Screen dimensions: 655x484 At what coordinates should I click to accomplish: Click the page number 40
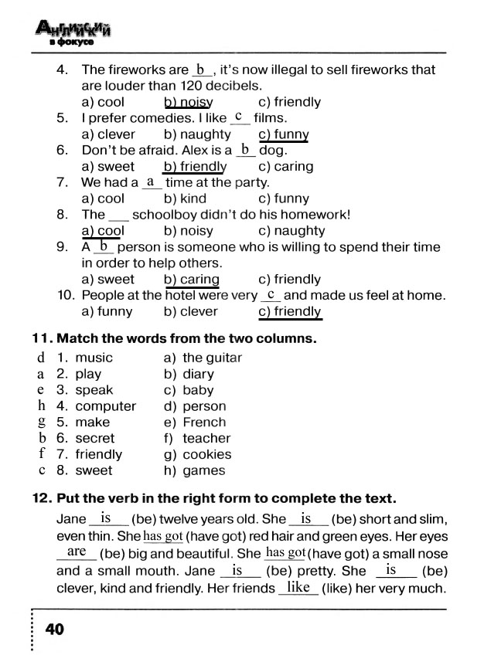tap(54, 630)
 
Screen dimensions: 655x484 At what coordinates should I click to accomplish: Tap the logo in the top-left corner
tap(72, 33)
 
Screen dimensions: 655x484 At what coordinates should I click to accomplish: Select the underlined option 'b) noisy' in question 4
tap(188, 102)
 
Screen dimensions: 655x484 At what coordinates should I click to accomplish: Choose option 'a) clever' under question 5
tap(108, 134)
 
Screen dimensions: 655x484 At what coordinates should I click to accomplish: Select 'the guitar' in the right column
tap(212, 358)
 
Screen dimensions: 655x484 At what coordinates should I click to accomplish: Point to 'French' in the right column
tap(204, 423)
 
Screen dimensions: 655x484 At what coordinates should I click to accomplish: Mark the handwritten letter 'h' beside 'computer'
tap(42, 406)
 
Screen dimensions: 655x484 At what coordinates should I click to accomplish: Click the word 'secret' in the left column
tap(95, 438)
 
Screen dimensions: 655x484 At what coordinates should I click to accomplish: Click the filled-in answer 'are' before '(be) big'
tap(77, 551)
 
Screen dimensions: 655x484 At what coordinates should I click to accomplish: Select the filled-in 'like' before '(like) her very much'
tap(298, 588)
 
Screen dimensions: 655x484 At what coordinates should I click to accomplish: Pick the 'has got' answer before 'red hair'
tap(162, 536)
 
